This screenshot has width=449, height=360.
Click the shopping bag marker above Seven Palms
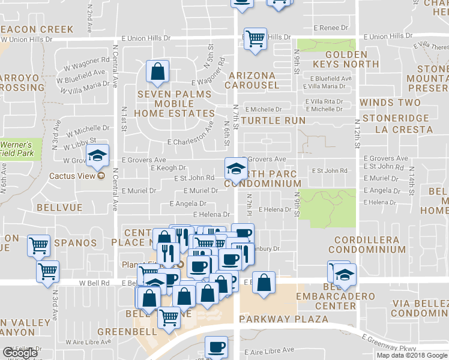[157, 72]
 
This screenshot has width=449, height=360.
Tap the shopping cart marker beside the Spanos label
[39, 245]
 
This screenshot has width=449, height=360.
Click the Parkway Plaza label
[283, 319]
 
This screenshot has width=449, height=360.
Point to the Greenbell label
[122, 331]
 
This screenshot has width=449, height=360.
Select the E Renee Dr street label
[327, 28]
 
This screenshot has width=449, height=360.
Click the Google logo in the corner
[20, 353]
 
